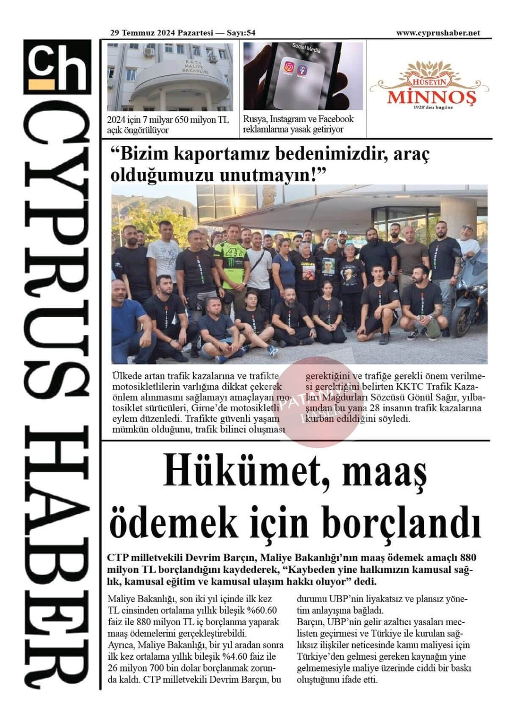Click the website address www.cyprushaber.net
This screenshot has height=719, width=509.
pyautogui.click(x=438, y=33)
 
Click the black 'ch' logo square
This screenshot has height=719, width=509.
pyautogui.click(x=57, y=66)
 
